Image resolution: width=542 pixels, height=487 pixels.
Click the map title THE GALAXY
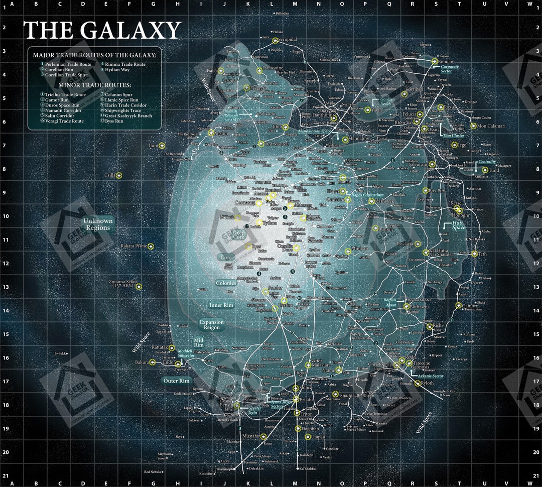102,31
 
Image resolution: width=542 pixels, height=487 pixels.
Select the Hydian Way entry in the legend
117,70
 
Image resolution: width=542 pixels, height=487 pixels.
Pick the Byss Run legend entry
112,121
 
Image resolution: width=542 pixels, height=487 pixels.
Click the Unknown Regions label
98,224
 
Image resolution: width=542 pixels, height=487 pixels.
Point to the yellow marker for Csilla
119,175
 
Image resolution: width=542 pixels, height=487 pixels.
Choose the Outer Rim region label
177,381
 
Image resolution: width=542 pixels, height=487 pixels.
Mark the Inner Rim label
221,305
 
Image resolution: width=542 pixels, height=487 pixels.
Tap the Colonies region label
226,283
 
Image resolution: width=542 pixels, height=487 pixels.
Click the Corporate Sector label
446,69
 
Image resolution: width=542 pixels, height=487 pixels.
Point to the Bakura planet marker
153,362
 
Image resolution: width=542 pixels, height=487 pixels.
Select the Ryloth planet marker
418,383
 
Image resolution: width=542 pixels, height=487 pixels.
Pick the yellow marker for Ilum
162,146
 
